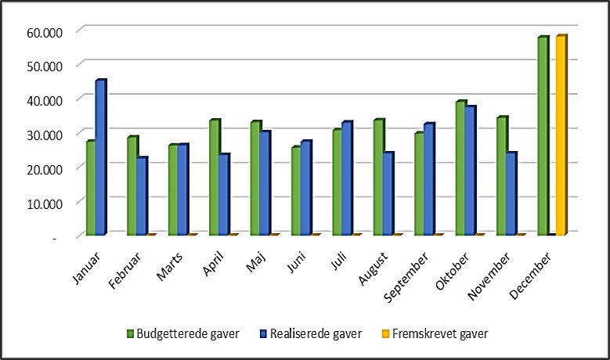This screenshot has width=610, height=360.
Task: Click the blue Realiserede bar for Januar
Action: [x=100, y=159]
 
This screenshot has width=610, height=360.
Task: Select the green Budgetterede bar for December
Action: [x=542, y=137]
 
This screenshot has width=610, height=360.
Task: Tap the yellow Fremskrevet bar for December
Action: [x=561, y=136]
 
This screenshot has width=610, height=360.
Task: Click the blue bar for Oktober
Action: [x=471, y=171]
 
